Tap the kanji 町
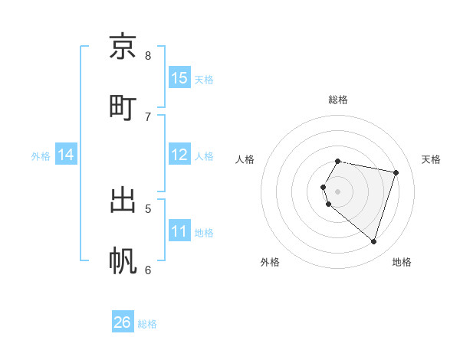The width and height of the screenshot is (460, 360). point(123,106)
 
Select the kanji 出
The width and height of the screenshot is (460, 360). point(123,200)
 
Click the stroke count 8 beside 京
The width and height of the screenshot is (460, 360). point(148,55)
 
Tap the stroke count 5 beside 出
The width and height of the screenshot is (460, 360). point(148,208)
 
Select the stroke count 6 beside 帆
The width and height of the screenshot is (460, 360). point(148,269)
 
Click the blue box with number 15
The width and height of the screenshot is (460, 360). point(179,77)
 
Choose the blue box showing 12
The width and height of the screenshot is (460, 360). point(179,154)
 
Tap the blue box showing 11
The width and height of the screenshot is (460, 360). point(179,231)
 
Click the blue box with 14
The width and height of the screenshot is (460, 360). point(66,155)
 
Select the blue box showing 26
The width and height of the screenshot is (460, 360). point(123,322)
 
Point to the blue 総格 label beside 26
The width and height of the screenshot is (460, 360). point(147,324)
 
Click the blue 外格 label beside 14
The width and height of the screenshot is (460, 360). point(41,156)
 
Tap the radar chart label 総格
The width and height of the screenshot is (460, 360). point(337,100)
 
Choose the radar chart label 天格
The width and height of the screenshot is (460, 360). point(432,159)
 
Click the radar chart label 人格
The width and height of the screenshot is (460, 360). point(245,159)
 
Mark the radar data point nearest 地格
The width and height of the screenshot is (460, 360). point(373,242)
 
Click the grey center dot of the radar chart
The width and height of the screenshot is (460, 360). point(337,191)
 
